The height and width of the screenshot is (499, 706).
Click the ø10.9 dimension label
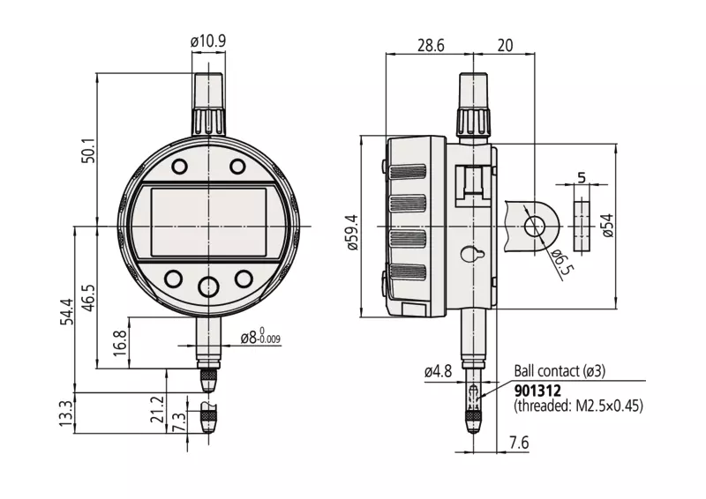(x=208, y=41)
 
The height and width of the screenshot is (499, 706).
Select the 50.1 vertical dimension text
(x=88, y=151)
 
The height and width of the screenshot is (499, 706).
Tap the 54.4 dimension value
(x=67, y=311)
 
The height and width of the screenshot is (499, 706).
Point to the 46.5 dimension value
(x=88, y=298)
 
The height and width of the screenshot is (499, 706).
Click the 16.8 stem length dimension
(x=120, y=343)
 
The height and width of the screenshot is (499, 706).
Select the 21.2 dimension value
(x=157, y=409)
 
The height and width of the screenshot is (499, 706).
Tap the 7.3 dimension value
(x=179, y=422)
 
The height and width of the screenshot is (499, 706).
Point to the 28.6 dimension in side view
(x=431, y=46)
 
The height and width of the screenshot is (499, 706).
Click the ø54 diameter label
(x=607, y=226)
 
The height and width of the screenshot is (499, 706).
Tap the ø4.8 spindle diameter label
(x=438, y=372)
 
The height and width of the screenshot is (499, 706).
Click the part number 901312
(x=537, y=390)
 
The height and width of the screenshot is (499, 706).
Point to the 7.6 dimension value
(x=519, y=443)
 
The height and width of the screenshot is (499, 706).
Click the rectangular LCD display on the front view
(x=208, y=222)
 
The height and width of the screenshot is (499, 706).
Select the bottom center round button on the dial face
(x=209, y=287)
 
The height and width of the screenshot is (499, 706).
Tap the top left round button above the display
(x=179, y=167)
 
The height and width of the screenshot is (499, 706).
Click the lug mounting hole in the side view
(x=534, y=226)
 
